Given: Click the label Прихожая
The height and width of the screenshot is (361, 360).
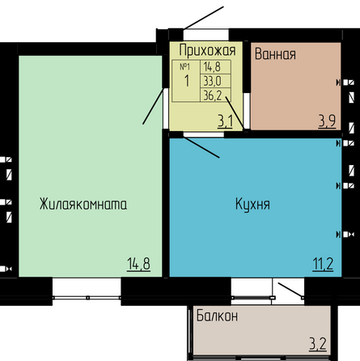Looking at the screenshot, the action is (x=207, y=50).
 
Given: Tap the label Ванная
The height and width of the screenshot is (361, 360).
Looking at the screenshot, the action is (x=275, y=53).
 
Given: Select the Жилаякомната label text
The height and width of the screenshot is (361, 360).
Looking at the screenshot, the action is (x=83, y=204).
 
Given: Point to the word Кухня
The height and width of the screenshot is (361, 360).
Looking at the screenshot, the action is (x=252, y=204).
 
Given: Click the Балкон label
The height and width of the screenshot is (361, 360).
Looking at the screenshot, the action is (x=217, y=316).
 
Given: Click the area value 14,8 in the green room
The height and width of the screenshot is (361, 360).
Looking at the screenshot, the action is (x=138, y=264).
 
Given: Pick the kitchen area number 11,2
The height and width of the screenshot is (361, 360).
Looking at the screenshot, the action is (x=323, y=264).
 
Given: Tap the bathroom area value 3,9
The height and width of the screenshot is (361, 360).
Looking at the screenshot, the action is (x=327, y=121).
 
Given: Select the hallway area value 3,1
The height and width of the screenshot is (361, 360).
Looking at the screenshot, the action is (x=225, y=121).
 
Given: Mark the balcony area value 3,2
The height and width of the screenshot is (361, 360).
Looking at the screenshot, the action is (x=318, y=345).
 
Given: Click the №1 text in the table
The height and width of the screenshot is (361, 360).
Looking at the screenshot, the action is (x=185, y=66).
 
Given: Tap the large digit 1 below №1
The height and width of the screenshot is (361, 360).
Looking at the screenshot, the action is (x=187, y=81).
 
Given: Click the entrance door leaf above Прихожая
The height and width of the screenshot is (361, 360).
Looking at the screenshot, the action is (x=204, y=18).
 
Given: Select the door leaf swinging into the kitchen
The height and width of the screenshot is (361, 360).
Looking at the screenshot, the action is (x=201, y=147).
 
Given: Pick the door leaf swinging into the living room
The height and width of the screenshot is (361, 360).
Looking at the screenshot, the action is (x=153, y=106).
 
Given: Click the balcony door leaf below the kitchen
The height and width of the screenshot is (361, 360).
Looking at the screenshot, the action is (x=290, y=291).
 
